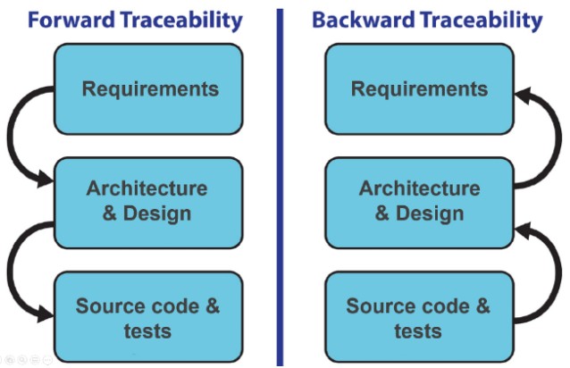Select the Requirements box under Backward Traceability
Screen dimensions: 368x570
419,89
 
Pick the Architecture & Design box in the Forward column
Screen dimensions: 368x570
148,202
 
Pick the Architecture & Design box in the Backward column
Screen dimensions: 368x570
419,202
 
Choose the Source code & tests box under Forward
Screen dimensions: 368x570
148,318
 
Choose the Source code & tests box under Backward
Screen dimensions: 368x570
419,318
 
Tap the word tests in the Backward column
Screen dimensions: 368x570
418,330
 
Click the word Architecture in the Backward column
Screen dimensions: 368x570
419,189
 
